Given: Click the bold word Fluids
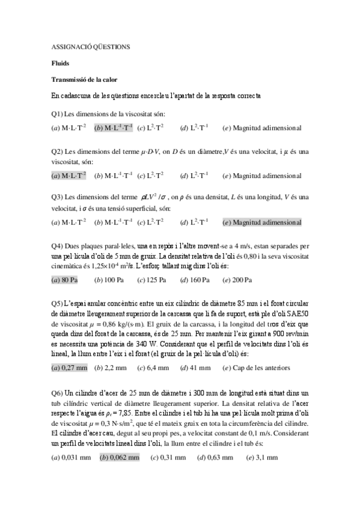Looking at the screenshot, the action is [60, 63].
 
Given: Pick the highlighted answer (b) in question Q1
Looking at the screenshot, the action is [114, 127].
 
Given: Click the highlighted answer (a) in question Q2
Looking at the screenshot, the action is [69, 175].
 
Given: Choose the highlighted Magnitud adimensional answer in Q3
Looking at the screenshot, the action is [261, 223].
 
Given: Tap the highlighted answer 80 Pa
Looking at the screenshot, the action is [65, 280].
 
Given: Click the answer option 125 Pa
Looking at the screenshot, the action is [151, 280].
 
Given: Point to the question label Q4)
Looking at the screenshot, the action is [58, 245].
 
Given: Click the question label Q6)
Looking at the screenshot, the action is [58, 392].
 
